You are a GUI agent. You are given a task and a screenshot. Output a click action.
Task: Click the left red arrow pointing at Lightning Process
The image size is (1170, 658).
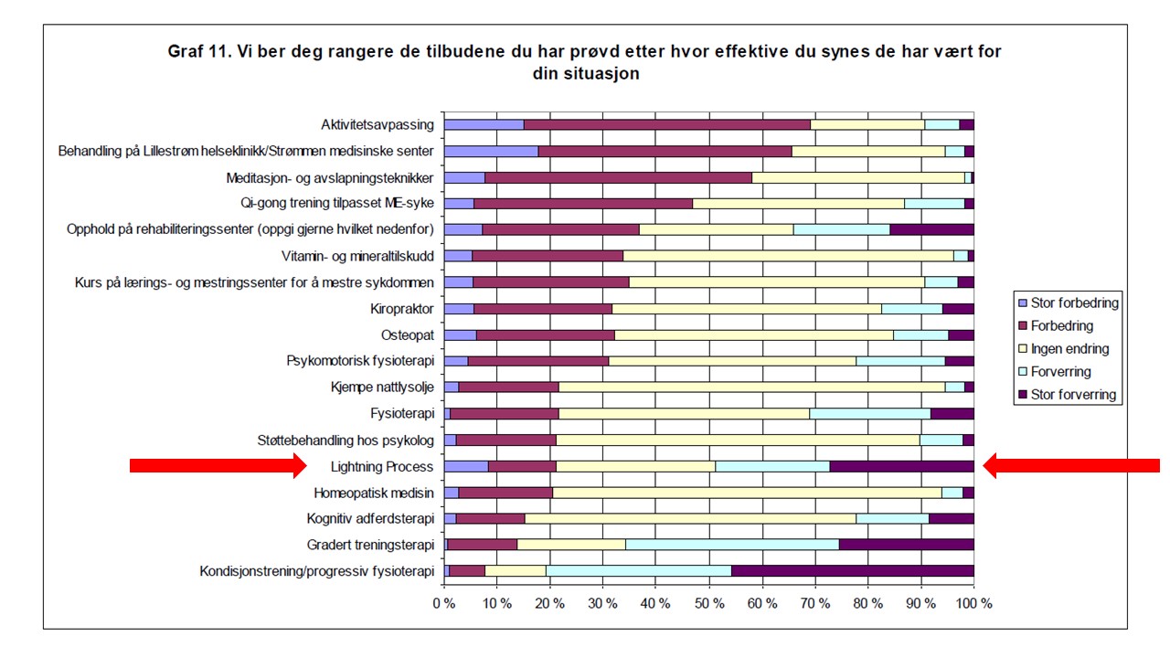(x=218, y=466)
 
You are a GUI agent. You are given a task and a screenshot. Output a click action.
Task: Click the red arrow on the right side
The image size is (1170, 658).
(x=1071, y=466)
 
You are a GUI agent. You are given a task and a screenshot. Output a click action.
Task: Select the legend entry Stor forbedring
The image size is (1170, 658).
(x=1074, y=302)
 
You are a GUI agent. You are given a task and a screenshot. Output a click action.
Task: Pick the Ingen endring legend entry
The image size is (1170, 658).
(x=1069, y=348)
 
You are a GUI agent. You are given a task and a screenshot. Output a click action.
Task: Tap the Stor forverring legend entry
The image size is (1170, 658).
(x=1074, y=395)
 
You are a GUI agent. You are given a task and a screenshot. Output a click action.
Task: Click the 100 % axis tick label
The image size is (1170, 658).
(x=973, y=603)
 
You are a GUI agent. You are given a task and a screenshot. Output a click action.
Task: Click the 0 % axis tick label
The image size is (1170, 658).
(x=444, y=603)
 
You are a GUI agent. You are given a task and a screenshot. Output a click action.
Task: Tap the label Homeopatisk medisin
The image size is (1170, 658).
(x=374, y=493)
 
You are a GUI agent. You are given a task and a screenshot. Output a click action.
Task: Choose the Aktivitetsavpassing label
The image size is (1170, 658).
(x=377, y=124)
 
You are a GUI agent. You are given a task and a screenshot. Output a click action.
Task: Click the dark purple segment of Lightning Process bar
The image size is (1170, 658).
(x=901, y=467)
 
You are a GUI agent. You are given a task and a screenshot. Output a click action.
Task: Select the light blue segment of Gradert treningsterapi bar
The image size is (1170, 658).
(x=732, y=546)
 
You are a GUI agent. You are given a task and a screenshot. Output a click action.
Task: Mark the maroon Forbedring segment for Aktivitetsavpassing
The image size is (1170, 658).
(x=667, y=124)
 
